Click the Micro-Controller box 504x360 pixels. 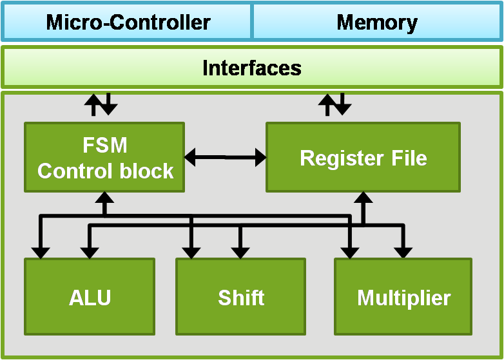pos(128,23)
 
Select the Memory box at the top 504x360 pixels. pos(377,23)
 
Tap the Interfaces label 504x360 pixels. pos(251,68)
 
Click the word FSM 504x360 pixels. pos(105,146)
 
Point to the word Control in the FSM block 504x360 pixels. pos(70,171)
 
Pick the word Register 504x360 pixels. pos(339,158)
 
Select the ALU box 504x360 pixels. pos(90,297)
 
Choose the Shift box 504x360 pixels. pos(241,297)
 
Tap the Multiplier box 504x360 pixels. pos(403,297)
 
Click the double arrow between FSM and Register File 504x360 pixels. pos(225,156)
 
